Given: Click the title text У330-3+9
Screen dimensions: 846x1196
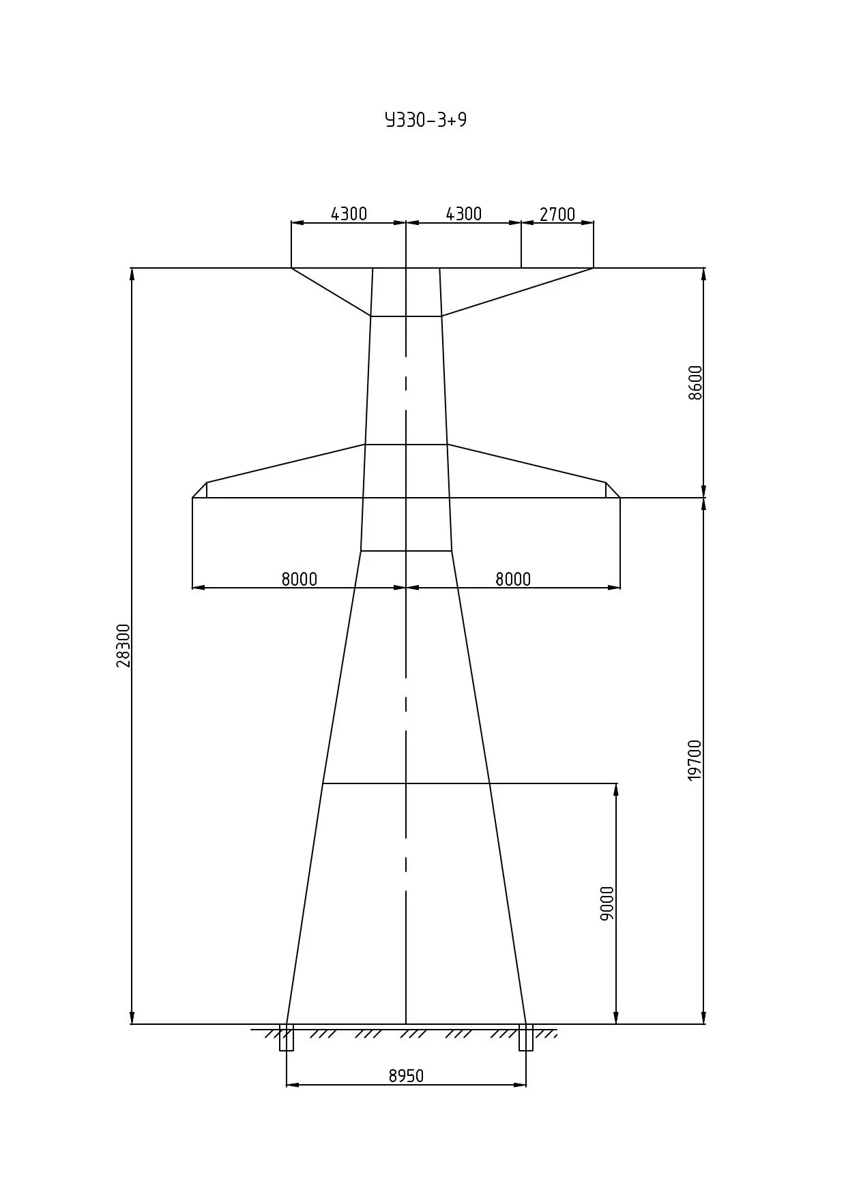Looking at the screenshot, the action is pos(426,120).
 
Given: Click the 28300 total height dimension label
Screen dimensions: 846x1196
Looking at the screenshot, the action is pos(123,645).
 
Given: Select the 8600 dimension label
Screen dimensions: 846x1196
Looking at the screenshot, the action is pos(695,383).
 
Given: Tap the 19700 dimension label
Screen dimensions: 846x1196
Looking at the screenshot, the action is pos(695,760).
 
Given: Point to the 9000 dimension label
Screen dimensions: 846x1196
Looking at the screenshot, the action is pos(607,903).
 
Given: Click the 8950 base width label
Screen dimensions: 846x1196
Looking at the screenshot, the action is pos(406,1076).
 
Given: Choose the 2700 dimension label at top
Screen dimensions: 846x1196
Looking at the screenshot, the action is pos(557,215).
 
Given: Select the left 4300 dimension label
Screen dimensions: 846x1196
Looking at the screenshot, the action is pos(349,214).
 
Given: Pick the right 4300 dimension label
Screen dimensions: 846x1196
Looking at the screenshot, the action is pos(464,214).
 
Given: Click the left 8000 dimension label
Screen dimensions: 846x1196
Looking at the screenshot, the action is pos(300,579).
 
